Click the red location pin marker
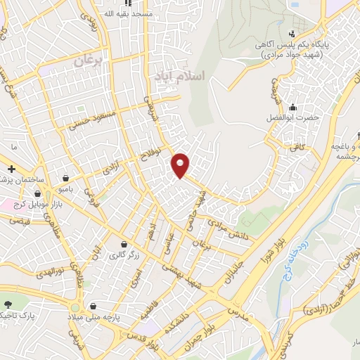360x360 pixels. pyautogui.click(x=181, y=165)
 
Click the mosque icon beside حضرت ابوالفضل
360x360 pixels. pyautogui.click(x=290, y=107)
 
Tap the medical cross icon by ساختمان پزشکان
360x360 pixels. pyautogui.click(x=12, y=169)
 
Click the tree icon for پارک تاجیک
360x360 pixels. pyautogui.click(x=8, y=305)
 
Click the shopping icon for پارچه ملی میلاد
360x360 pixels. pyautogui.click(x=94, y=307)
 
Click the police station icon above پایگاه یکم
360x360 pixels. pyautogui.click(x=292, y=34)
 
